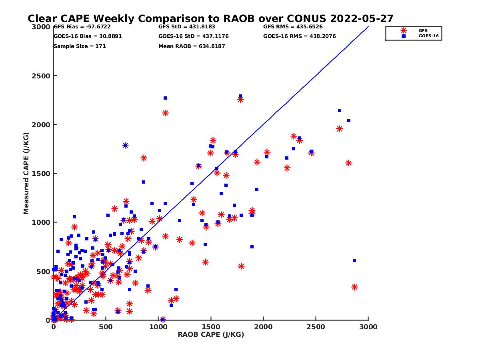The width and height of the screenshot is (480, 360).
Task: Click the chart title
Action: coord(210,19)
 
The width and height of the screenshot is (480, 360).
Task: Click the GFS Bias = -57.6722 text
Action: coord(82,27)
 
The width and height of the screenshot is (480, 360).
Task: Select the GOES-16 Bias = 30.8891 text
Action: coord(88,36)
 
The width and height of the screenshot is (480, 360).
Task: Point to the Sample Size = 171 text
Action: coord(80,46)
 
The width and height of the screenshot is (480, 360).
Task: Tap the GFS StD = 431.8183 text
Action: coord(187,27)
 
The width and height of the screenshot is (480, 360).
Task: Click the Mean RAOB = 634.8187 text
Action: coord(192,46)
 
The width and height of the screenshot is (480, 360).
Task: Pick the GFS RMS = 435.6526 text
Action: coord(293,27)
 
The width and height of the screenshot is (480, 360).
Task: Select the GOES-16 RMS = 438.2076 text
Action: coord(299,36)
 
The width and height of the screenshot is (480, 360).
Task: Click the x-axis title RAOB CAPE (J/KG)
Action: coord(211,334)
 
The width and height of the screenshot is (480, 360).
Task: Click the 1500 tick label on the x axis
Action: coord(211,327)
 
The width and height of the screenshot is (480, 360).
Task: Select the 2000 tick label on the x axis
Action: coord(263,327)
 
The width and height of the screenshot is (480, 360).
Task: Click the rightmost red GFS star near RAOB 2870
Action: coord(354,287)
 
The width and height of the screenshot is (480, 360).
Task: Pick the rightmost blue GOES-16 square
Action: coord(354,260)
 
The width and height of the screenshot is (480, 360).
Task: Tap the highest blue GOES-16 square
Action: coord(240,96)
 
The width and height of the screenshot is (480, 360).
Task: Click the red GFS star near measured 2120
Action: coord(165,113)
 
